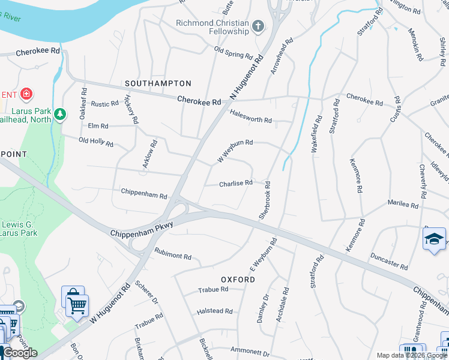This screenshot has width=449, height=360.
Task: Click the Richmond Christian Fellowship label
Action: click(x=212, y=27)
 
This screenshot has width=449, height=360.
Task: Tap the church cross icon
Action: click(x=258, y=26)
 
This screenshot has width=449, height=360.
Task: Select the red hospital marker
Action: click(x=26, y=94)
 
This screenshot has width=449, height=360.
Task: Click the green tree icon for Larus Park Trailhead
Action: click(x=59, y=114)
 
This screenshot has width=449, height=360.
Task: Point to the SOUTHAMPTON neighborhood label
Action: click(x=158, y=83)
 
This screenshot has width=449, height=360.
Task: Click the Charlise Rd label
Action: click(x=235, y=184)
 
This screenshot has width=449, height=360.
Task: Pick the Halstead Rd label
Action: click(x=214, y=311)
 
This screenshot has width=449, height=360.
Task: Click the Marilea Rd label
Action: click(x=403, y=204)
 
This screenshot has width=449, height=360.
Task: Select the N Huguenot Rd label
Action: click(x=247, y=78)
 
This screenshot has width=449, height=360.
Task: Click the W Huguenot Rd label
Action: click(x=110, y=306)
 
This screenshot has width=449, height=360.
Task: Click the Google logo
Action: click(x=20, y=353)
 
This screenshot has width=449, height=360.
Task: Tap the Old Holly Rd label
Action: click(x=96, y=142)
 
